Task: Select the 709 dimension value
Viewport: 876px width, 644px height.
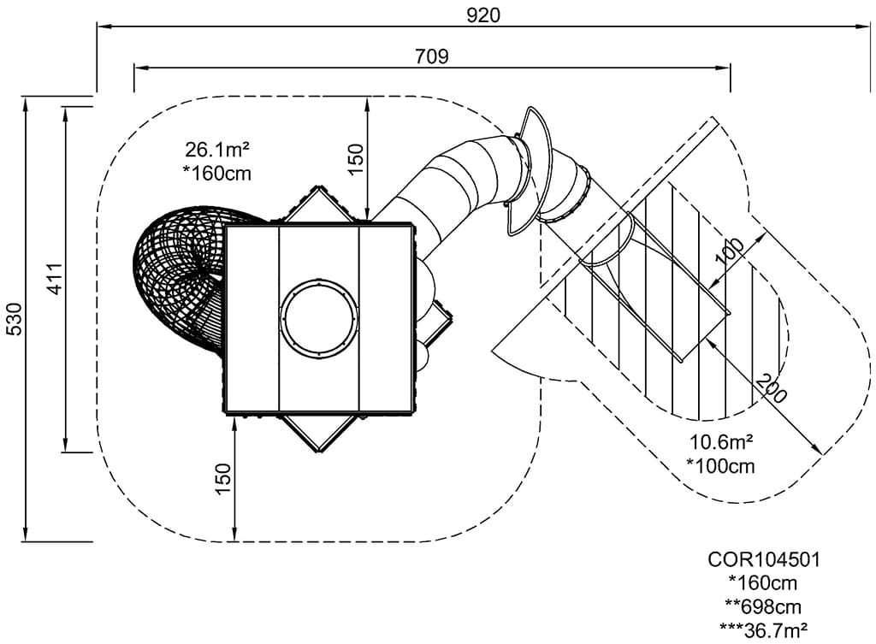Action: (x=431, y=56)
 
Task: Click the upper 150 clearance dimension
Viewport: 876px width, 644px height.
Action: (x=356, y=159)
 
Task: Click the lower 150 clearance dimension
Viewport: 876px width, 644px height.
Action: (x=222, y=479)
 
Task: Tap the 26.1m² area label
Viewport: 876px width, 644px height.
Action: (x=217, y=150)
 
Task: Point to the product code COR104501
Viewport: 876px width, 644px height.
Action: (x=764, y=559)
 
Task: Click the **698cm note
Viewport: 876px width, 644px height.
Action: (x=764, y=606)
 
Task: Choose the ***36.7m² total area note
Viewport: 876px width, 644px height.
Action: (x=764, y=629)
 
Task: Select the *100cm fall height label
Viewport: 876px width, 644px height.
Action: (x=721, y=465)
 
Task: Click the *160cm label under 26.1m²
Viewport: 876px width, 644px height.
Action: (x=217, y=172)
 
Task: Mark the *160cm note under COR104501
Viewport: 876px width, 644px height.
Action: (x=764, y=583)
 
